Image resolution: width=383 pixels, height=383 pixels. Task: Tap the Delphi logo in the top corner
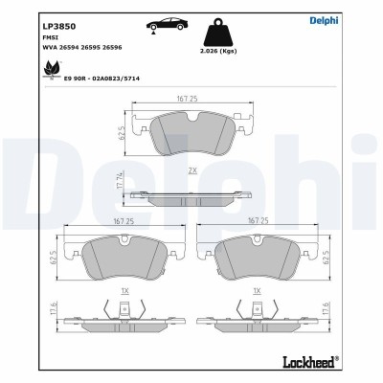[351, 19]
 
